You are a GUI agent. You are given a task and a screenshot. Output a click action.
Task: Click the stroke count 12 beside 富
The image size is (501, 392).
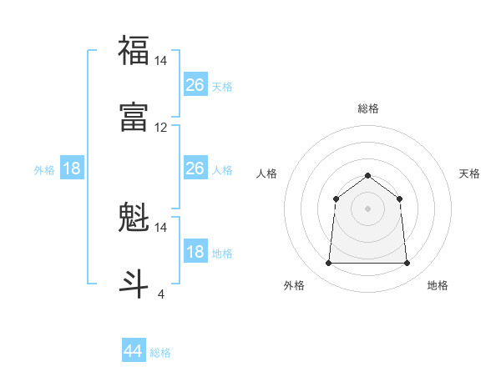(x=161, y=128)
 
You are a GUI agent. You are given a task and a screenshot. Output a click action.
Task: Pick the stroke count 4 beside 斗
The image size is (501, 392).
(x=161, y=294)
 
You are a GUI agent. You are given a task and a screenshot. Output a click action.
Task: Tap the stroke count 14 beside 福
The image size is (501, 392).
(x=161, y=60)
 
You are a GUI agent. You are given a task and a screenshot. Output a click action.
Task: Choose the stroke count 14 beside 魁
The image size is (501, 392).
(x=161, y=227)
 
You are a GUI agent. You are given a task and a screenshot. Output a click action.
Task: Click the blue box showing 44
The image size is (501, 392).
(x=133, y=351)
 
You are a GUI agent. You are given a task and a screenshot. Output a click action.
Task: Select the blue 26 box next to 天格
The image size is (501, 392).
(x=195, y=85)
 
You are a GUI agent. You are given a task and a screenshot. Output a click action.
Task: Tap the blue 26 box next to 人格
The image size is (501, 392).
(x=195, y=168)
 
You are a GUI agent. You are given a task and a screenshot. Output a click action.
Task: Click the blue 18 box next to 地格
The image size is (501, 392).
(x=195, y=252)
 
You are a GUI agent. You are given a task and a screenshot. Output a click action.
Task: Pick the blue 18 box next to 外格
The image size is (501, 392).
(x=72, y=168)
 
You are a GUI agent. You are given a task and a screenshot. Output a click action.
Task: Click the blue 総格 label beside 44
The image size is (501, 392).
(x=160, y=353)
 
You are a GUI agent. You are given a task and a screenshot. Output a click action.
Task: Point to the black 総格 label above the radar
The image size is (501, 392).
(x=367, y=108)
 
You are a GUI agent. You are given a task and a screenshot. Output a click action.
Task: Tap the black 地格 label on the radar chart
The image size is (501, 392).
(x=438, y=285)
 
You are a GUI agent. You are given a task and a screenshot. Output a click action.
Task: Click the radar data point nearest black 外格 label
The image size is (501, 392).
(x=328, y=264)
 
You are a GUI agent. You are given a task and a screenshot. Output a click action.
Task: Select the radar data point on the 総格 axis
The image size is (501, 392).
(x=367, y=175)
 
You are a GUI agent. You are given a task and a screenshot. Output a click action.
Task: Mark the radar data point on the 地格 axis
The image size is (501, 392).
(x=407, y=264)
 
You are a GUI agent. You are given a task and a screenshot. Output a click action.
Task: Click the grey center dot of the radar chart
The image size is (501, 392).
(x=367, y=209)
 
